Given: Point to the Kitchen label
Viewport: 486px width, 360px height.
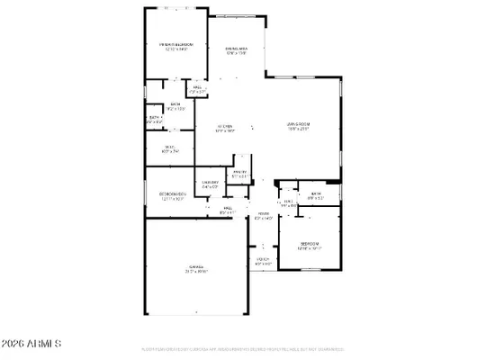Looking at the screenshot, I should tap(226, 127).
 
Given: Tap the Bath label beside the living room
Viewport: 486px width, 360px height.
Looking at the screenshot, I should tap(317, 194).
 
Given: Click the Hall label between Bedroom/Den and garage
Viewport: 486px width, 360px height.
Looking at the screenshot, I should tap(228, 208).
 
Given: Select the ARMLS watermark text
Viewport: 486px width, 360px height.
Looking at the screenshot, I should tap(31, 343).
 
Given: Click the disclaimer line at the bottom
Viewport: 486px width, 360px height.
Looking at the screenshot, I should tap(243, 348).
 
